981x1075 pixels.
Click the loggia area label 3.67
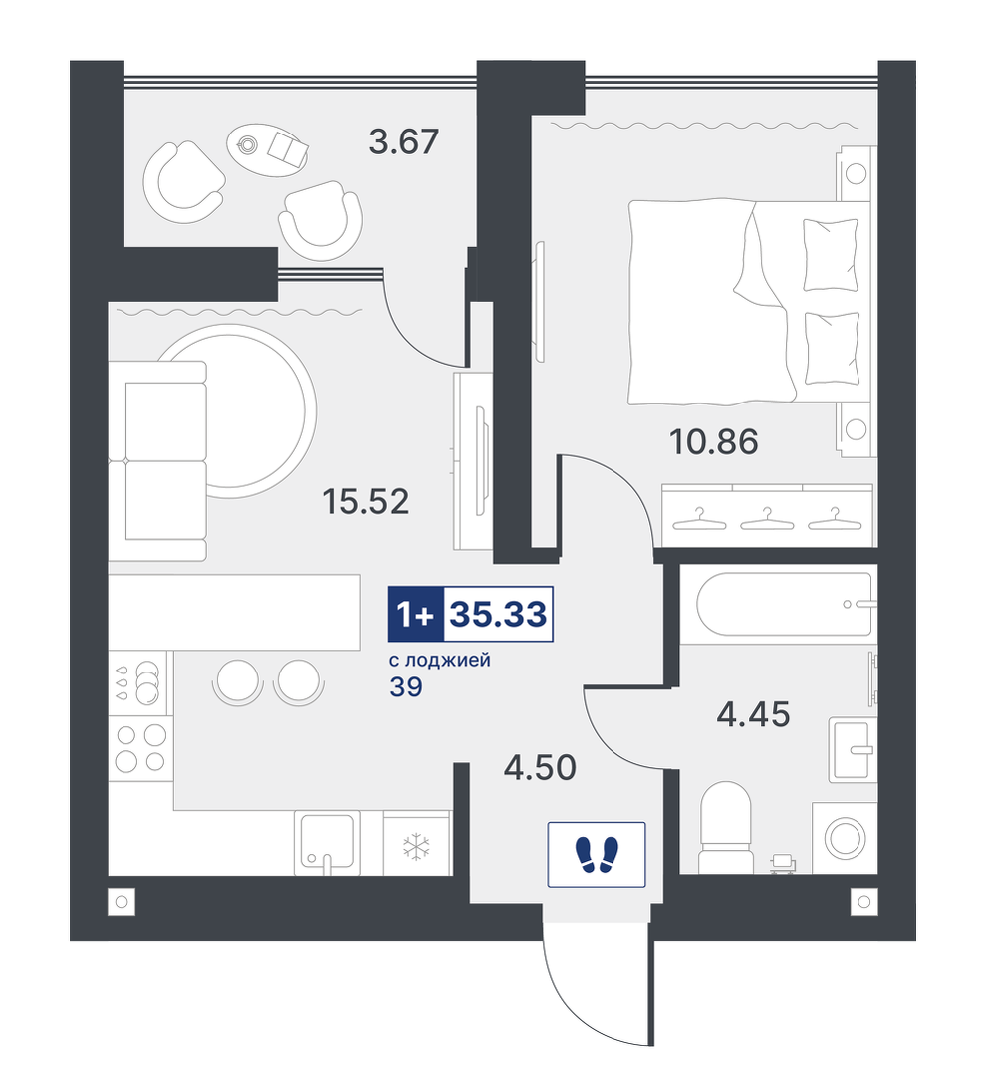tap(403, 141)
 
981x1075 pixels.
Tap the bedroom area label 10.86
tap(714, 442)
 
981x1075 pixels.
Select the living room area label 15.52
tap(366, 502)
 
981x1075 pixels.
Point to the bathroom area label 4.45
tap(753, 715)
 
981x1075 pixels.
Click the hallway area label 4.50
tap(540, 768)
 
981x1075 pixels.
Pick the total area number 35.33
tap(498, 615)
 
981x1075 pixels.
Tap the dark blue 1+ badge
tap(416, 615)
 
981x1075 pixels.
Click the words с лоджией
tap(439, 661)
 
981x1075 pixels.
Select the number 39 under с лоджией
tap(405, 687)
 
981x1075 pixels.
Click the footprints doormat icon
tap(597, 854)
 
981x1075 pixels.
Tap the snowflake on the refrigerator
tap(415, 847)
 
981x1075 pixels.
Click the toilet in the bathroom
tap(725, 828)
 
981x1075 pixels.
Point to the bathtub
tap(784, 604)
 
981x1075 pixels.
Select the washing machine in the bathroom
tap(845, 838)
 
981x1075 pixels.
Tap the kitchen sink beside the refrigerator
tap(327, 843)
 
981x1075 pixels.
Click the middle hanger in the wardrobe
tap(767, 519)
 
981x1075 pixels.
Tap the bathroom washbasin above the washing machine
tap(853, 749)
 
